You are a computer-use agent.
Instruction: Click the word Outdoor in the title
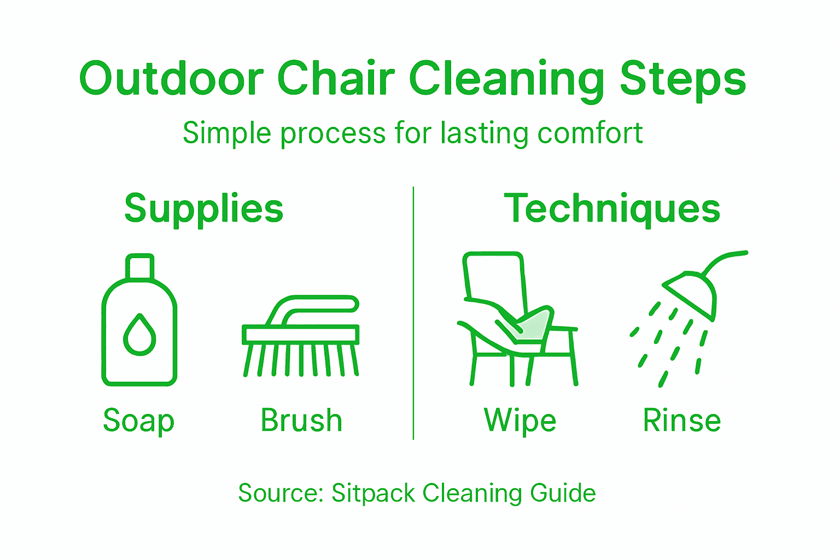171,78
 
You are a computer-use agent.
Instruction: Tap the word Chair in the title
336,78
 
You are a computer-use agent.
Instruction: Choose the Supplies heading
203,208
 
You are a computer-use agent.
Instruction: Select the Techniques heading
612,208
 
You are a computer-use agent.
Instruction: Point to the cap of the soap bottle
139,266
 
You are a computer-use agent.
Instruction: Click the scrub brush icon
301,336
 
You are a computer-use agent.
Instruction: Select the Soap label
138,421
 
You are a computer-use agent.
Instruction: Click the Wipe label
520,421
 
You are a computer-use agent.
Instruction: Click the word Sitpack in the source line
373,493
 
